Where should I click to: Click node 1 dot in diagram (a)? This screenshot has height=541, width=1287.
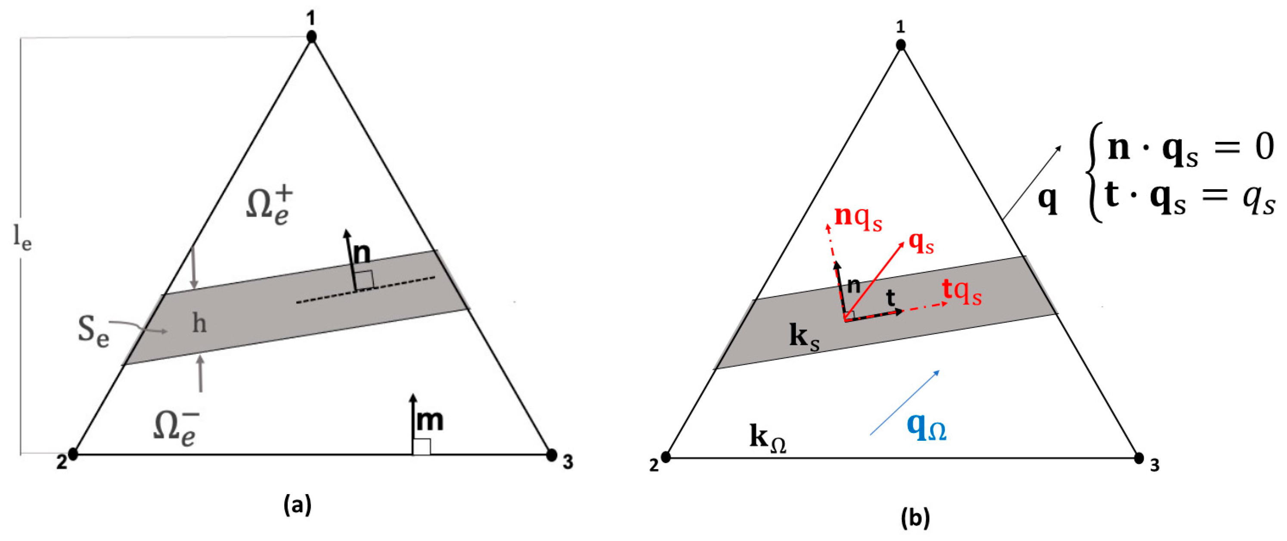(x=312, y=37)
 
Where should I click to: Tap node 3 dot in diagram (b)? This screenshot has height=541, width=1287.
(x=1138, y=458)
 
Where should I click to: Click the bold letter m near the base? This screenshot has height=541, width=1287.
(x=430, y=420)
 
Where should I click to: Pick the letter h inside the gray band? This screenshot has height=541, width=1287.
(x=199, y=324)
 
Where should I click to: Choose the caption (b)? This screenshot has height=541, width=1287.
(x=915, y=518)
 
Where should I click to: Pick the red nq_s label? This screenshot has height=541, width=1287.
(x=858, y=218)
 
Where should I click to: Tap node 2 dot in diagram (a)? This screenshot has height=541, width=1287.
(x=74, y=454)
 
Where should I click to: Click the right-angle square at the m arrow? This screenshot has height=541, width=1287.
(x=421, y=447)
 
